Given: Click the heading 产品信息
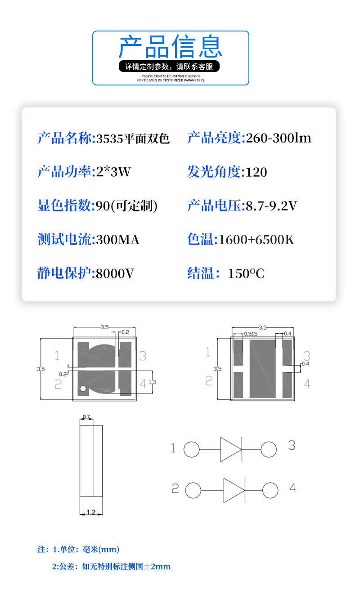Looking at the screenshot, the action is coord(171,47).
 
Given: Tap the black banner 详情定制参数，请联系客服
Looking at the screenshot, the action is coord(171,67).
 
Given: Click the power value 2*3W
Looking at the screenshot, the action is coord(113,172).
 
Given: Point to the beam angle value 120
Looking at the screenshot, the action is coord(256,172).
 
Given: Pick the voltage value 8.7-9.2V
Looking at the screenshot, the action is coord(271,206).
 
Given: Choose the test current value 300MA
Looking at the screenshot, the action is coord(117,240).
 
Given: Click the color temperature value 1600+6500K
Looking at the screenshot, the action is coord(256,240).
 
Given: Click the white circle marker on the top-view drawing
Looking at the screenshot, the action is coord(83,388).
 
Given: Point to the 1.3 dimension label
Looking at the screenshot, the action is coord(152,382).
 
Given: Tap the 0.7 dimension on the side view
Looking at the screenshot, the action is coord(86,417).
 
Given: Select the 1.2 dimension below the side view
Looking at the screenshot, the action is coord(90,512).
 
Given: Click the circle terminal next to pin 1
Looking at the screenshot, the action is coord(192,449).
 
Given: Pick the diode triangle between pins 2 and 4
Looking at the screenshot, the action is coord(234,490).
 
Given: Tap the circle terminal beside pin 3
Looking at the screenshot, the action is coord(269,449).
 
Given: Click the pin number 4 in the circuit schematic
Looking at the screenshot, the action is coord(292,488).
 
